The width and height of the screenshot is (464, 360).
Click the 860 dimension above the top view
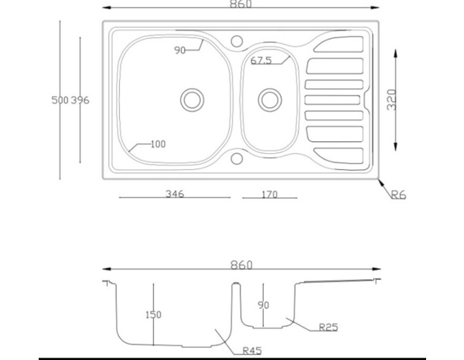240,5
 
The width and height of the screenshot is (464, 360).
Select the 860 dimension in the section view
241,265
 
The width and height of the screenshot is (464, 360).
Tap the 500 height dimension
60,100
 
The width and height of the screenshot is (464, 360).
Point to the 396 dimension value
80,100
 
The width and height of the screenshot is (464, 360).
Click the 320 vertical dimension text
392,100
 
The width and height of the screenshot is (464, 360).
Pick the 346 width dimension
175,194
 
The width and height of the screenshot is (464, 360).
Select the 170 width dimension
268,195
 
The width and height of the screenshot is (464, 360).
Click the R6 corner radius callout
397,195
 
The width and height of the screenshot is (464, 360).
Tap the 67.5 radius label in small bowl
261,60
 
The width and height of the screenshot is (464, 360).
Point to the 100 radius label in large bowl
157,144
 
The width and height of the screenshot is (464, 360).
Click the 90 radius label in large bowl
180,50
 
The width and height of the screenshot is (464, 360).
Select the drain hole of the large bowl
192,99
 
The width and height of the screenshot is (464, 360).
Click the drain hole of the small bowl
269,99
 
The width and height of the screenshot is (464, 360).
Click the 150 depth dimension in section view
153,314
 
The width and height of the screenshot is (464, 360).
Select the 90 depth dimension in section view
263,305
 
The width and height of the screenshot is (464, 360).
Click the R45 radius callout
251,350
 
